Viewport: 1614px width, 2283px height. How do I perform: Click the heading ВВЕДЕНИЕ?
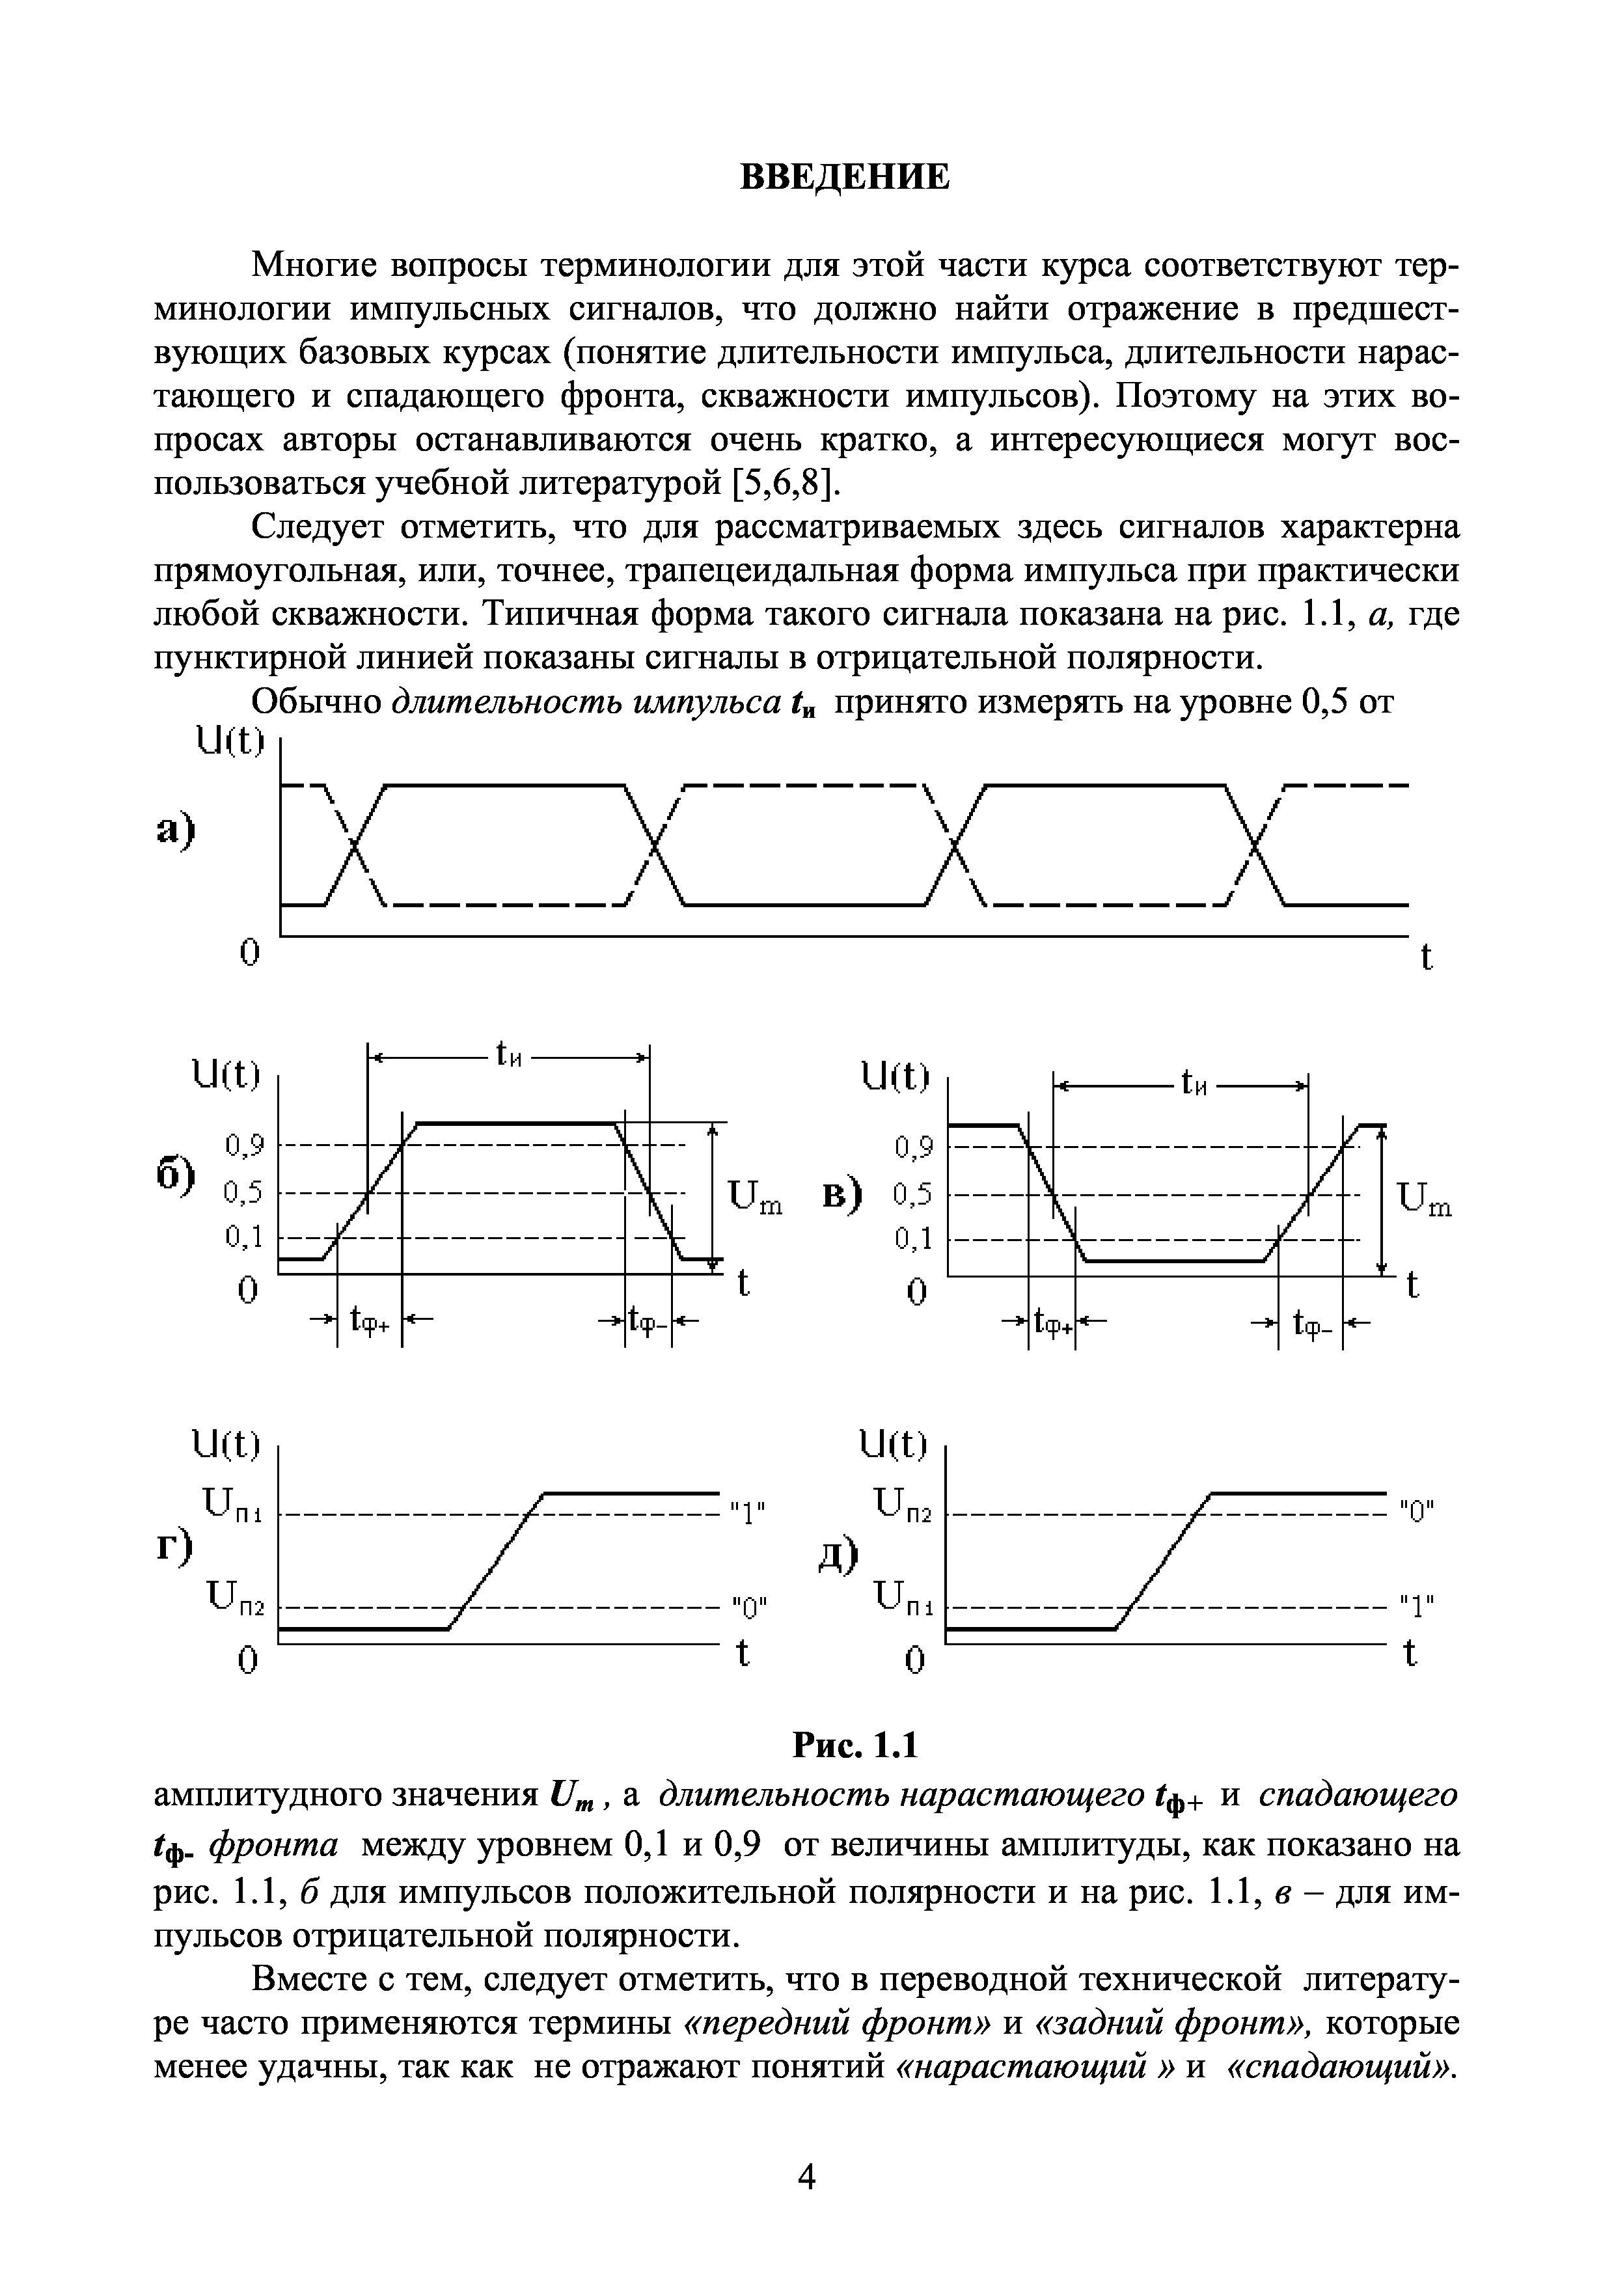click(845, 177)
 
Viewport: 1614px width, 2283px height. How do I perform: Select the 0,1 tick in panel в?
click(913, 1240)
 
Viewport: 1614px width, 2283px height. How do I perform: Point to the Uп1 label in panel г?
click(232, 1505)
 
